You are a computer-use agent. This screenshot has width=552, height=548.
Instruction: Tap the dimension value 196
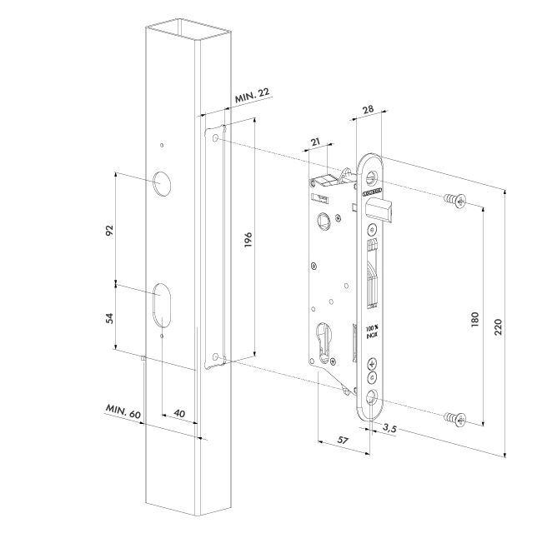[248, 242]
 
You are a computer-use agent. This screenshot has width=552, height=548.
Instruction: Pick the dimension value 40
[178, 414]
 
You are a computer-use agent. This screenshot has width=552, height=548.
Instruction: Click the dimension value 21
[315, 143]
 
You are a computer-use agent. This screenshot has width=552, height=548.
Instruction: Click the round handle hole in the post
[159, 182]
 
